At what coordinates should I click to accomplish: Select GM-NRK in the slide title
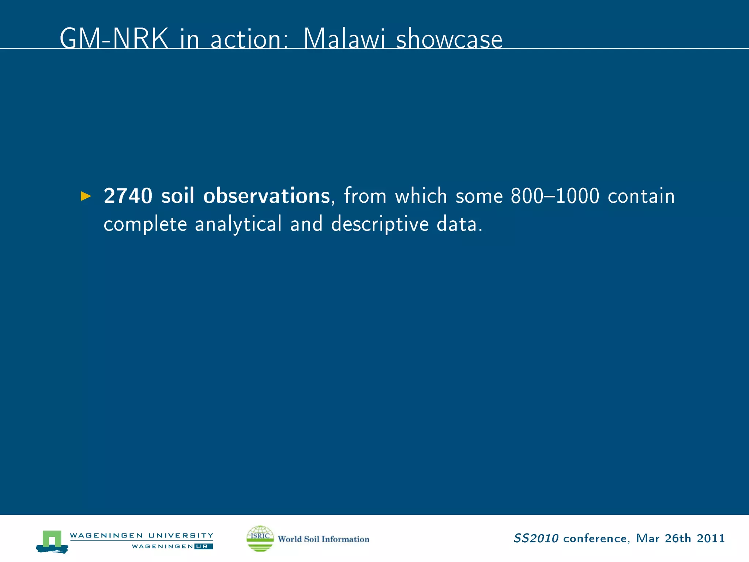[114, 38]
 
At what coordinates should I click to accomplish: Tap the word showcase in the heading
[449, 39]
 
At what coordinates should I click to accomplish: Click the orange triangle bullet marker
[86, 196]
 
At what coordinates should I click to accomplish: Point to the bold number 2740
[128, 196]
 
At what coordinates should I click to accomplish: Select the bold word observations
[267, 196]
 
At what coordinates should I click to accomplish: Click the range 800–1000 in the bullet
[555, 196]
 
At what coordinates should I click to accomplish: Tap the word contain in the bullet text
[641, 196]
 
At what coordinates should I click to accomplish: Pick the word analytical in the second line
[238, 224]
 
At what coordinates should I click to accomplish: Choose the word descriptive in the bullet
[380, 224]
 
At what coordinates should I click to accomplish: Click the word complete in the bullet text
[145, 224]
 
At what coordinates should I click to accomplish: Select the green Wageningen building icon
[52, 540]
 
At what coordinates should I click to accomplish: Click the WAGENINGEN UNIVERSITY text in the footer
[141, 535]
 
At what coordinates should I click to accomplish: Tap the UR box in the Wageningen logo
[203, 547]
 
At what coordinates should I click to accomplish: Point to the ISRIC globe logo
[260, 538]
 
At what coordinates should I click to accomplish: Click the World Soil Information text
[323, 539]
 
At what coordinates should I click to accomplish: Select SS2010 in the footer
[536, 539]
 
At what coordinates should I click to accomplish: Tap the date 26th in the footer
[678, 539]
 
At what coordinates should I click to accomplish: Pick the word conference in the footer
[595, 539]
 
